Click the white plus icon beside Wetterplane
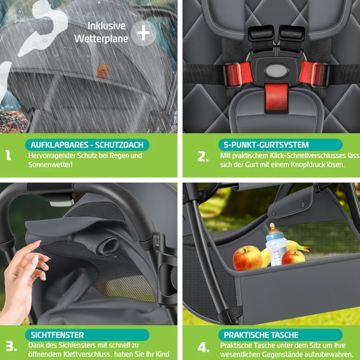tap(144, 33)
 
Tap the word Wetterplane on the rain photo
tap(101, 39)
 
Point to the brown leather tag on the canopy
tap(102, 71)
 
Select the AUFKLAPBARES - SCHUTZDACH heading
tap(87, 145)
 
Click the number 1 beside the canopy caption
tap(8, 155)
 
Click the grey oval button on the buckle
tap(276, 71)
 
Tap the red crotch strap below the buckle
tap(276, 98)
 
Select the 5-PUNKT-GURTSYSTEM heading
tap(266, 145)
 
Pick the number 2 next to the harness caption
tap(203, 156)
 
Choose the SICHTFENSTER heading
tap(57, 335)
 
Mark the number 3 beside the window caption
tap(11, 346)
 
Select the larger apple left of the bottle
tap(247, 258)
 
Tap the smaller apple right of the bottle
tap(293, 257)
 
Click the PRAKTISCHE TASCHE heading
tap(261, 335)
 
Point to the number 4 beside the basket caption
tap(204, 347)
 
